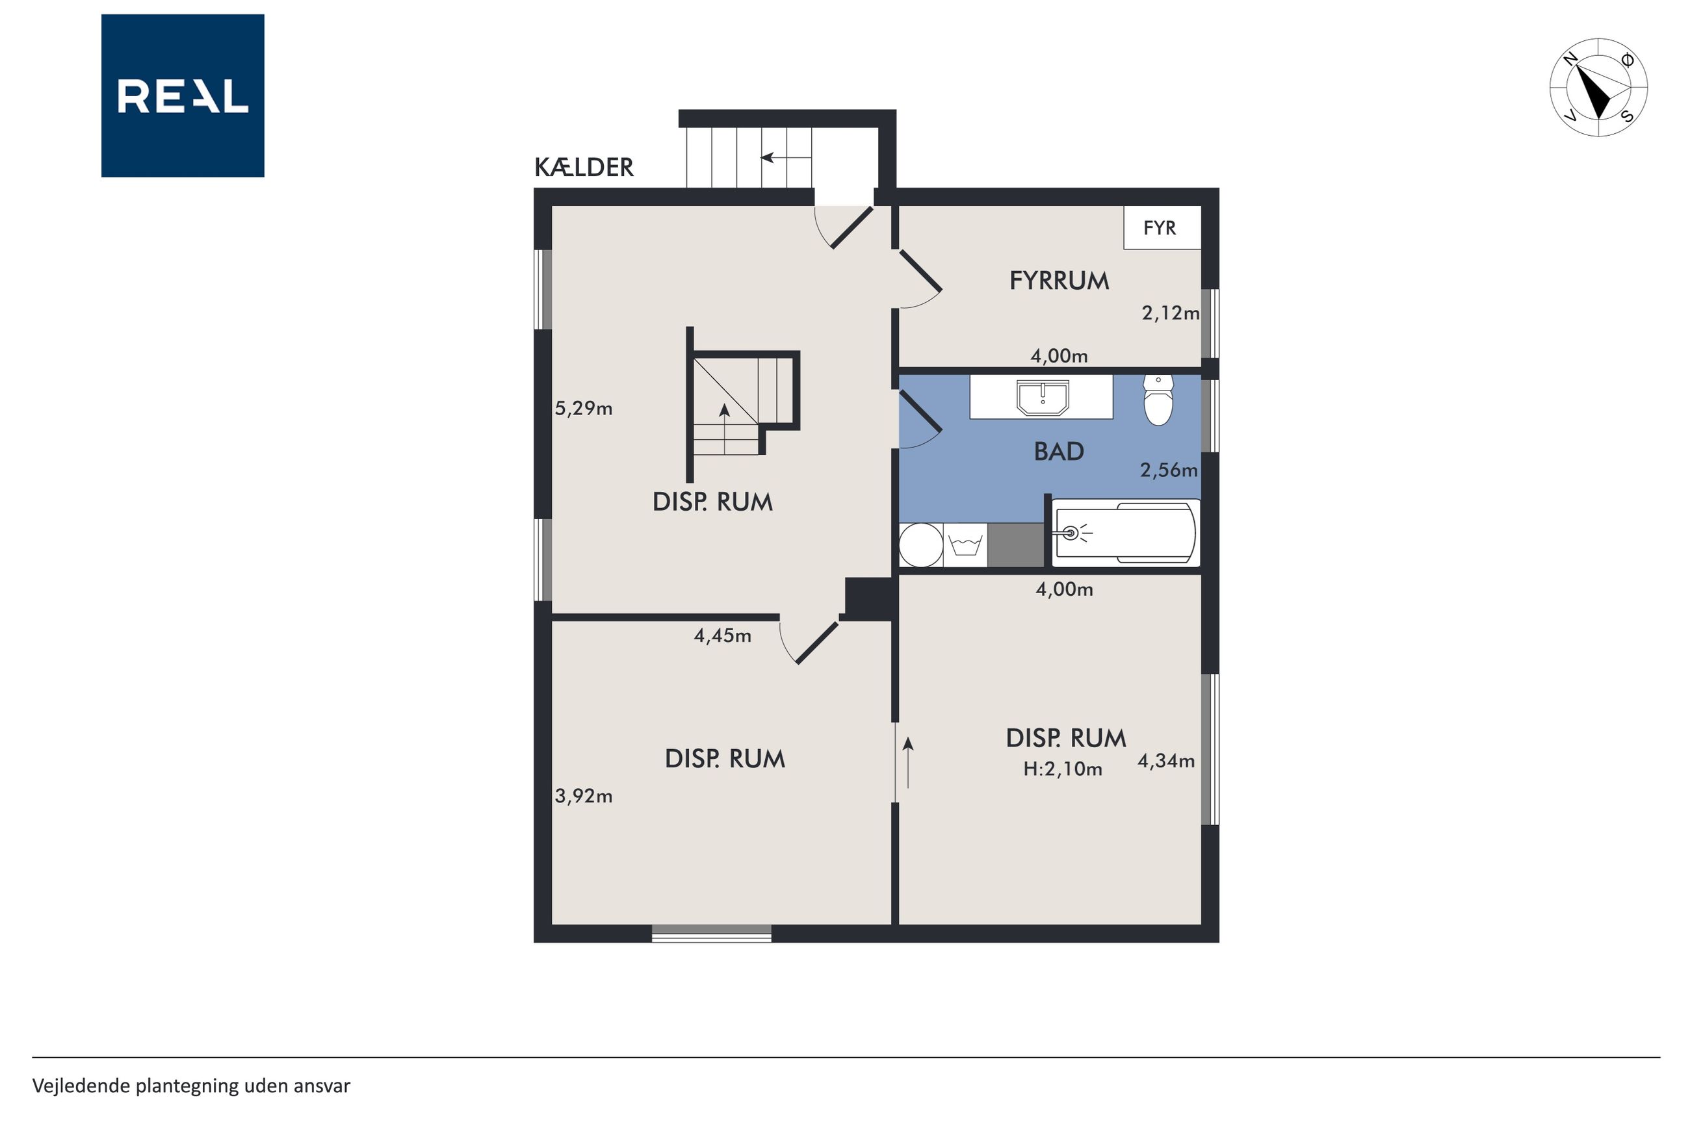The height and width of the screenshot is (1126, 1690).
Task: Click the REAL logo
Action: coord(183,96)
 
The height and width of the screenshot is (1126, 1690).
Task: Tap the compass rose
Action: coord(1598,88)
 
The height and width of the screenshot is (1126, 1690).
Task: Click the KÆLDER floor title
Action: coord(584,168)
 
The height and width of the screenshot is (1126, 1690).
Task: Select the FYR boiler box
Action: coord(1162,227)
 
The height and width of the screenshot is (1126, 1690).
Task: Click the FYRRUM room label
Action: coord(1059,281)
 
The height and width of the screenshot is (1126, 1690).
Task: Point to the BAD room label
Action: coord(1059,452)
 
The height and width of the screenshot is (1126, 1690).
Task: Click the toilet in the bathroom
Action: coord(1158,400)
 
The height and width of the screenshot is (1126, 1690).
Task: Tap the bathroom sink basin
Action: coord(1043,398)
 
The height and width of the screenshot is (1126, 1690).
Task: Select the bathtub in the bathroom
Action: coord(1125,533)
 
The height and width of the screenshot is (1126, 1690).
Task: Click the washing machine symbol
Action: coord(965,545)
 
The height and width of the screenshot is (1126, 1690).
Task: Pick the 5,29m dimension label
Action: coord(583,409)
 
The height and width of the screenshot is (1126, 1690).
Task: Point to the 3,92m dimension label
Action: coord(583,796)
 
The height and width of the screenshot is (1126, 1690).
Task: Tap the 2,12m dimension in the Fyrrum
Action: coord(1170,313)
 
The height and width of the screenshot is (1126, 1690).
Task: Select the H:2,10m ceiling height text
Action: coord(1062,769)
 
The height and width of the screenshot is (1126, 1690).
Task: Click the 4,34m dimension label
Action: coord(1165,761)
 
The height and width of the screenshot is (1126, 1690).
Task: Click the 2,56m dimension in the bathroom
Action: coord(1169,470)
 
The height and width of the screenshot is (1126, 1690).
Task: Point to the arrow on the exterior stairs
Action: coord(786,157)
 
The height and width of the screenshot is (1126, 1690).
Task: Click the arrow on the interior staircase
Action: coord(724,429)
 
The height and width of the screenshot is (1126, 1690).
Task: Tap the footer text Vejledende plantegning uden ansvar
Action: coord(191,1086)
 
